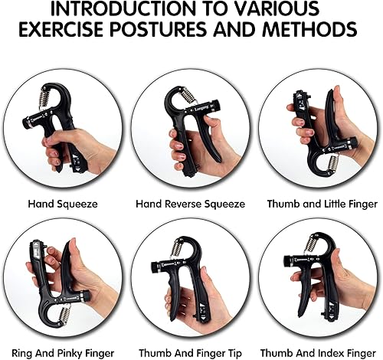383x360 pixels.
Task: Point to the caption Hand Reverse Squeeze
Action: pos(191,205)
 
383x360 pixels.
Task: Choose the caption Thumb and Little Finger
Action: pos(322,205)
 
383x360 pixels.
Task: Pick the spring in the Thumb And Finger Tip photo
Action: pos(177,247)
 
